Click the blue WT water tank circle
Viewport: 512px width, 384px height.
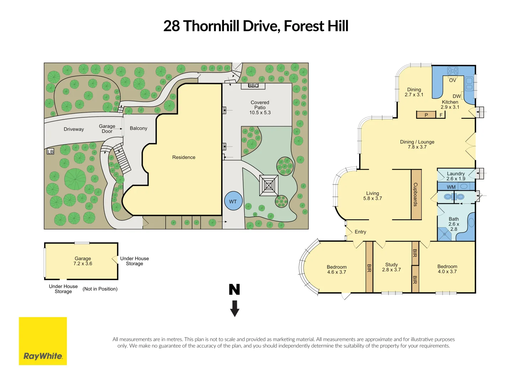[x=233, y=201]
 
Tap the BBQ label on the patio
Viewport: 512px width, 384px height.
[x=253, y=86]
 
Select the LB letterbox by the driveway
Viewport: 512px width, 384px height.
[x=50, y=152]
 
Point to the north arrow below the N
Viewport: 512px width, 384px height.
[x=235, y=308]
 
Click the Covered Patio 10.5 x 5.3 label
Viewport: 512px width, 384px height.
[x=260, y=107]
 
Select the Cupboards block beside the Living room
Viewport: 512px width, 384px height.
[x=416, y=194]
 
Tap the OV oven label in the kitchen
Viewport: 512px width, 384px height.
[x=452, y=80]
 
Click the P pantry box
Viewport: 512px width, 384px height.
[x=426, y=115]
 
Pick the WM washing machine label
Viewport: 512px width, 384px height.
[x=451, y=187]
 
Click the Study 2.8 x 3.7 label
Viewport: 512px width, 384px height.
[x=391, y=267]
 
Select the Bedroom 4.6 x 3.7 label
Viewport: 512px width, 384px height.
[x=336, y=270]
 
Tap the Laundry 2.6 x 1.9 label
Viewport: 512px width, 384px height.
[x=456, y=176]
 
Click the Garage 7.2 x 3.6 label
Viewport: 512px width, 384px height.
[x=83, y=261]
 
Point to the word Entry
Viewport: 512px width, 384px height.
[x=360, y=232]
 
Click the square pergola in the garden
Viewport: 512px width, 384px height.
[x=269, y=185]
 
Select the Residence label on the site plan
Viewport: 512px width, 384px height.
[x=184, y=157]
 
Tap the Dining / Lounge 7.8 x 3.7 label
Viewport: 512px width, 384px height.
[x=417, y=144]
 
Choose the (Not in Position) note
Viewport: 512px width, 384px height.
[x=100, y=289]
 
